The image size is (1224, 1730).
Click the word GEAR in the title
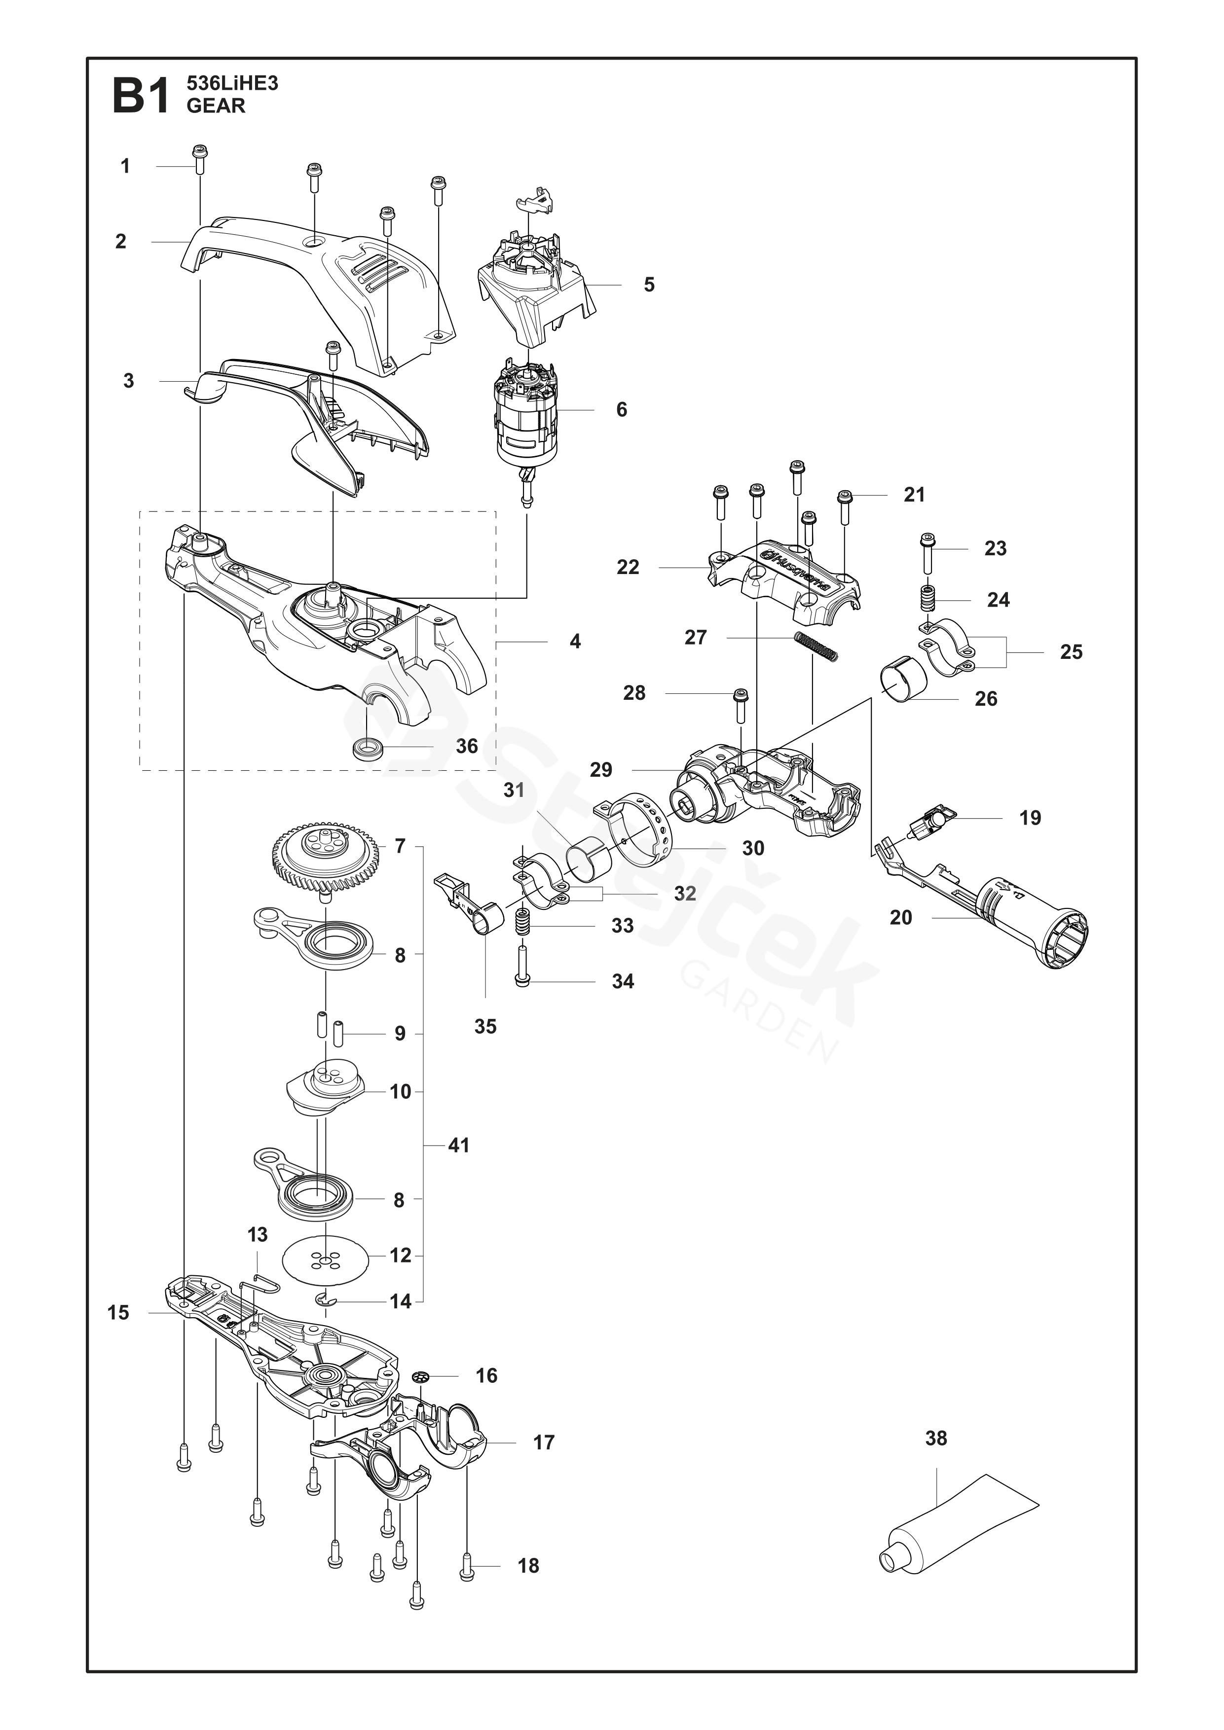(x=216, y=106)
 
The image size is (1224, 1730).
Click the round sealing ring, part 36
(x=369, y=750)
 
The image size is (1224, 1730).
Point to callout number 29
(x=601, y=770)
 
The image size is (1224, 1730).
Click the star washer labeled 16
(x=421, y=1376)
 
